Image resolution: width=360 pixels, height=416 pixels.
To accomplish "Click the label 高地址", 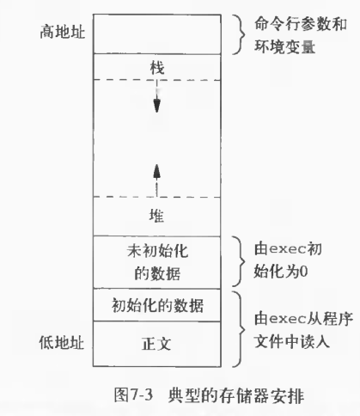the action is [63, 31].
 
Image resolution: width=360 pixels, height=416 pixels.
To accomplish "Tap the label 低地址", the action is [62, 342].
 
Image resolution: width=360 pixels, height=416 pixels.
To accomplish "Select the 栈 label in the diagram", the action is [157, 68].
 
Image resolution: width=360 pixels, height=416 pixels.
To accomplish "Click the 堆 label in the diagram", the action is [156, 216].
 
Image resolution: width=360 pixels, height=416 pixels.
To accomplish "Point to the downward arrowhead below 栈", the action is [156, 106].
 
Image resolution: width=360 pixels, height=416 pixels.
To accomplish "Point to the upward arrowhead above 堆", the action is [156, 172].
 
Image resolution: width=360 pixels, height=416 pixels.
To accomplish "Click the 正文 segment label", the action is [156, 344].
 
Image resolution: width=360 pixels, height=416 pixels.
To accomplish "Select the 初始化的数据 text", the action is [157, 305].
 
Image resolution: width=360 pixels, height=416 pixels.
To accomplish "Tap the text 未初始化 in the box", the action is [157, 251].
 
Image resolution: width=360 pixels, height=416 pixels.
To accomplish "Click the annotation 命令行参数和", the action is [301, 24].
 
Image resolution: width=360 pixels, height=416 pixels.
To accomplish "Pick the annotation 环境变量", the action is [285, 46].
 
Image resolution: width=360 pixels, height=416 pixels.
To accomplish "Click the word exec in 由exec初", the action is [288, 249].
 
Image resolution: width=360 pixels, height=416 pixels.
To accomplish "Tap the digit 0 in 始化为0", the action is [304, 271].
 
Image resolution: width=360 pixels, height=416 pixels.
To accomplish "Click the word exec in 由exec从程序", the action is [288, 319].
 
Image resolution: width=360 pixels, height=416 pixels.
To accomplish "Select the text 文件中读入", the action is [292, 341].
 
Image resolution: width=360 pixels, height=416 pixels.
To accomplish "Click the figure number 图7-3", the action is [133, 395].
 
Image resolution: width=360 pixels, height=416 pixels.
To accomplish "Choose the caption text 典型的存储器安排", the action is [236, 395].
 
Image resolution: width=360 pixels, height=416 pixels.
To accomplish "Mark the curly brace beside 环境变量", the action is [240, 34].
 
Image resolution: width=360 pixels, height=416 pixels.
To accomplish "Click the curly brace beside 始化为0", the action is [240, 261].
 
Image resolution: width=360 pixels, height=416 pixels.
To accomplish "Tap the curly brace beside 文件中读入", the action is [240, 329].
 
